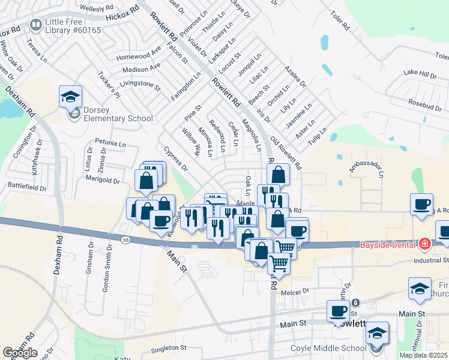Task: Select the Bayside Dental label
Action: click(x=388, y=244)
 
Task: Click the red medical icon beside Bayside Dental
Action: click(x=425, y=244)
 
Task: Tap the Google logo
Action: click(x=20, y=352)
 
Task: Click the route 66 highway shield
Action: click(x=125, y=239)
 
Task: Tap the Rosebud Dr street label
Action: click(x=426, y=104)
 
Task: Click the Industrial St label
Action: click(x=431, y=260)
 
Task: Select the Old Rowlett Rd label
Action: click(x=285, y=154)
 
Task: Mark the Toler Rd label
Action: click(x=337, y=19)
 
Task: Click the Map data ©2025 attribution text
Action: click(x=423, y=355)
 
